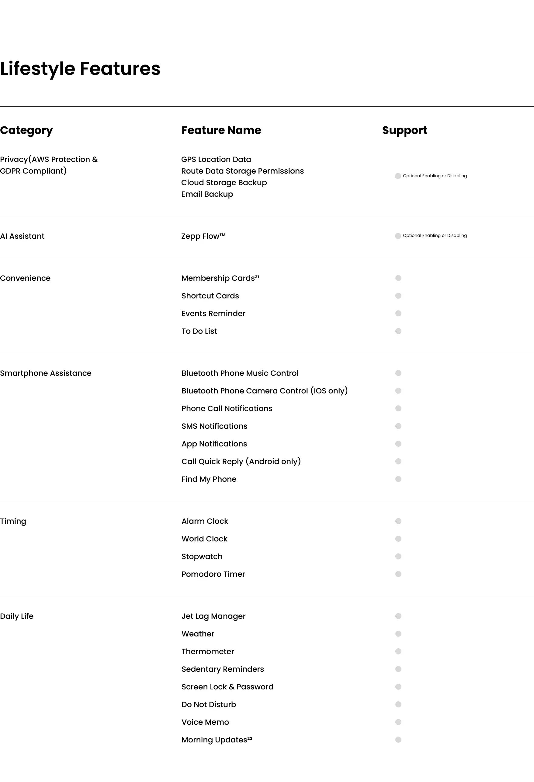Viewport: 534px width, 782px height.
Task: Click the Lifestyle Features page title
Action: click(80, 69)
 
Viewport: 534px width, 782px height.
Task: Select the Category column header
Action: click(26, 130)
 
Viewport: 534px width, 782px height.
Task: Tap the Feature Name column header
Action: click(221, 130)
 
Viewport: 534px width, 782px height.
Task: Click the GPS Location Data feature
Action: click(216, 160)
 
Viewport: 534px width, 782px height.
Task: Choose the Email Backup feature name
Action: click(207, 194)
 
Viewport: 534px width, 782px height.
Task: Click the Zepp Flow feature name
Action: click(203, 236)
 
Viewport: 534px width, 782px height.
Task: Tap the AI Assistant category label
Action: click(22, 236)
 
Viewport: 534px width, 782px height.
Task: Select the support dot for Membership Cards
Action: click(398, 278)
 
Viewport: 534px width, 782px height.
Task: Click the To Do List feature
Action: click(199, 331)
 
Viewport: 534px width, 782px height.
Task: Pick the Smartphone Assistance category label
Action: click(46, 373)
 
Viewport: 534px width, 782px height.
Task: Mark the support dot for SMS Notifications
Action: click(398, 426)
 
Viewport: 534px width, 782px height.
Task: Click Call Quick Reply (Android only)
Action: click(241, 461)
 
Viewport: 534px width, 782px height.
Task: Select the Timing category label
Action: click(13, 521)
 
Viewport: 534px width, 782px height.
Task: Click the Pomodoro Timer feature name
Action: click(213, 574)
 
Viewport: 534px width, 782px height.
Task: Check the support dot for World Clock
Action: click(398, 539)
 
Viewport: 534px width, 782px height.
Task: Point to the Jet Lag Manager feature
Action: click(213, 616)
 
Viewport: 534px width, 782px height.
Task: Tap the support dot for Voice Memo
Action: click(398, 722)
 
